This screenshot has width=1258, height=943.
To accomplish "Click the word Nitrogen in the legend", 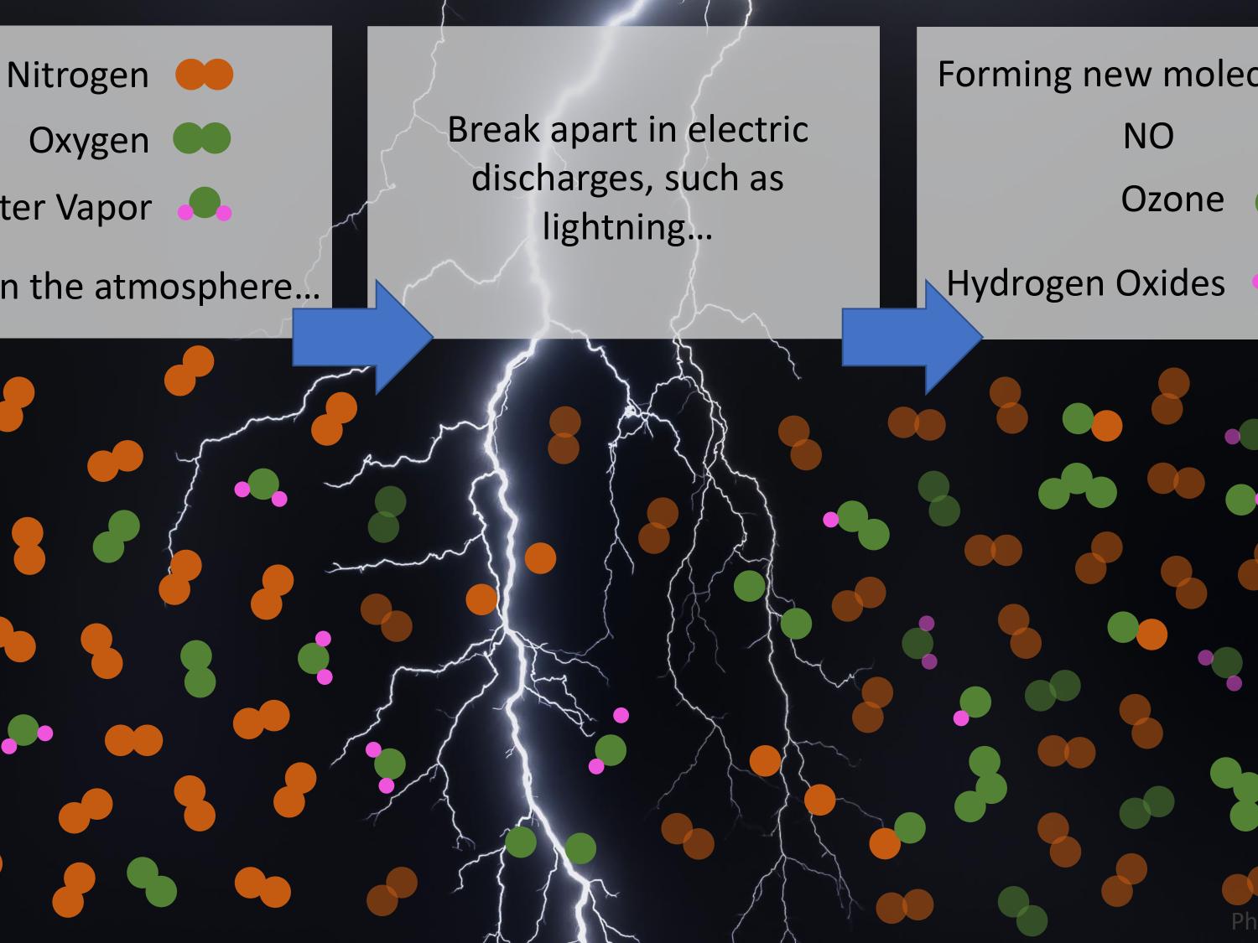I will point(78,75).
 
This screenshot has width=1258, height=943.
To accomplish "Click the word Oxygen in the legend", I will point(89,141).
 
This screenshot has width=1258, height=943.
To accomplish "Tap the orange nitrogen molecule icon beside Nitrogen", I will point(204,75).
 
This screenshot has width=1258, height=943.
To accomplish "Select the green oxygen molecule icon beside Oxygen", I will point(202,138).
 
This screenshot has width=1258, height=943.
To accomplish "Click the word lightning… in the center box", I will point(627,226).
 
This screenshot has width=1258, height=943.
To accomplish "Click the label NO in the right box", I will point(1148,137).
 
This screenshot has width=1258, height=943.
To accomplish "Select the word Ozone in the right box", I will point(1172,199).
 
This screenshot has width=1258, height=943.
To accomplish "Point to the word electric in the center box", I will point(748,130).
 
